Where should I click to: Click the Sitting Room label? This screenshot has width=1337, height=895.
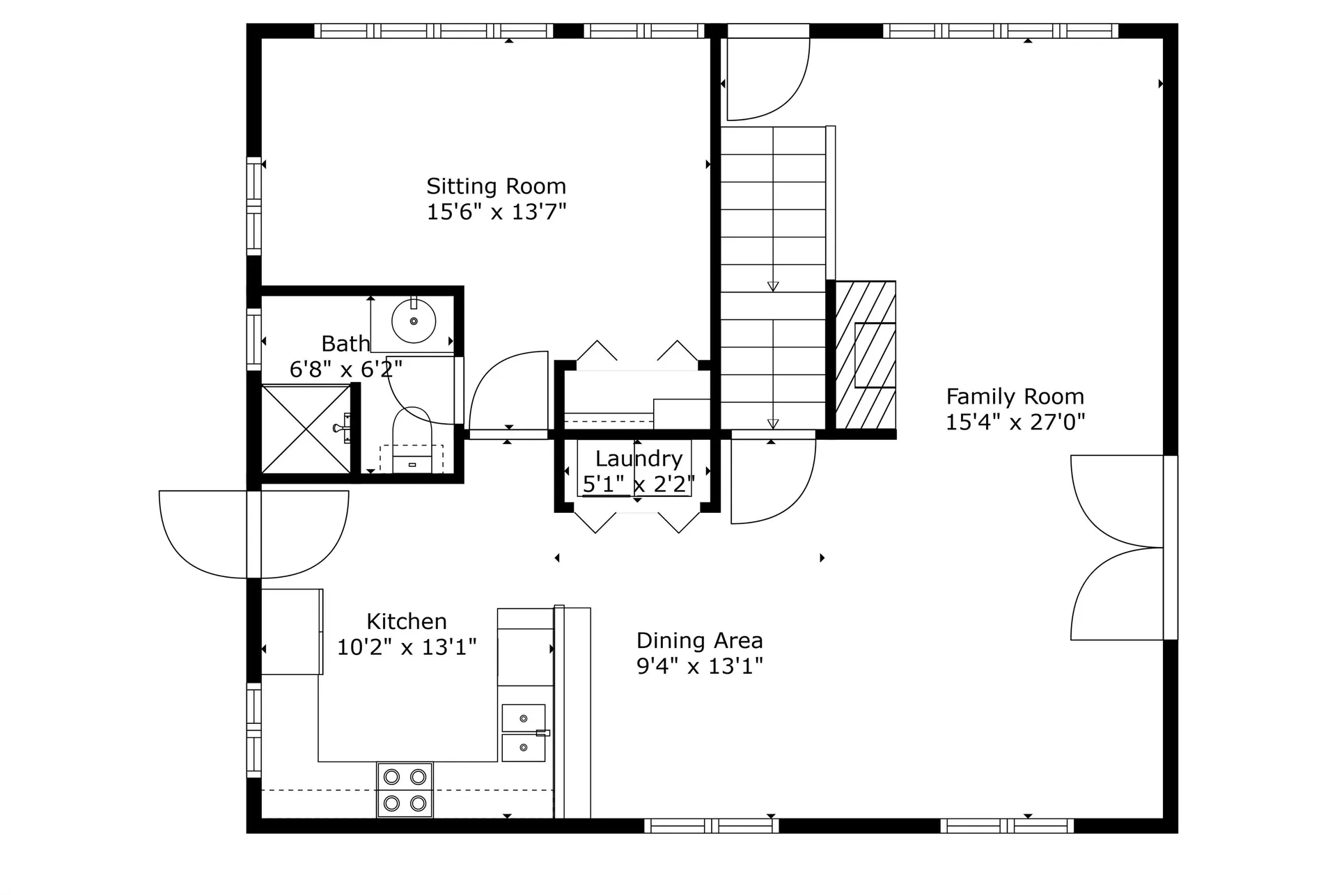496,187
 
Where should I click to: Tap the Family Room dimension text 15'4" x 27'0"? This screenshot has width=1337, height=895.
1015,422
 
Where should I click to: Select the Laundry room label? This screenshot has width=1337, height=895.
639,459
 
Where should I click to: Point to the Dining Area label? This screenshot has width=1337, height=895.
699,640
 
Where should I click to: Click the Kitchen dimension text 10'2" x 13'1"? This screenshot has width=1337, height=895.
407,647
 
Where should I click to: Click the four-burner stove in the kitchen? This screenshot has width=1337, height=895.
405,789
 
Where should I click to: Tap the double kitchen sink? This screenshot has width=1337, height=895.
524,733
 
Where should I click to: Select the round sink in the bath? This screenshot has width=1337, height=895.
414,322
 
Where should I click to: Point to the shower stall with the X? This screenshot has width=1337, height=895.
306,429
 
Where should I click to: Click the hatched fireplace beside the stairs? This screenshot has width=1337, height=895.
866,355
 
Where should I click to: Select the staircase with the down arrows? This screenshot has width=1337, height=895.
773,278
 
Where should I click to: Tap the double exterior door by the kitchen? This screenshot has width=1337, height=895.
254,534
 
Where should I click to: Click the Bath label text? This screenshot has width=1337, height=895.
345,344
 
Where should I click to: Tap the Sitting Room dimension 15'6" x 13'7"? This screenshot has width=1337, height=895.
496,212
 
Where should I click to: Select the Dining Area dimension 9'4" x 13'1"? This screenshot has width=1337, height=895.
699,666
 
